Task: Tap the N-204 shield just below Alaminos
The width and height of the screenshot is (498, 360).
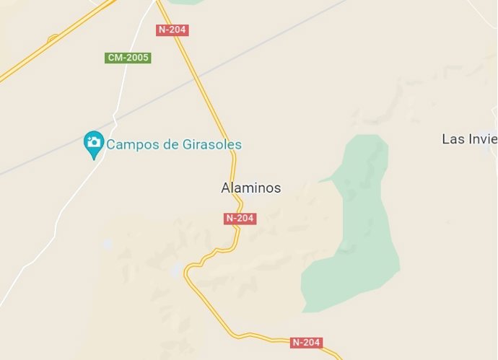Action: coord(240,219)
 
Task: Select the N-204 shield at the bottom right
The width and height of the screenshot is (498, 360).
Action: coord(306,342)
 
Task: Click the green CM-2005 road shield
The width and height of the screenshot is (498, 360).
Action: coord(128,57)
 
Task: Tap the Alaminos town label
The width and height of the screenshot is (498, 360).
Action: coord(250,188)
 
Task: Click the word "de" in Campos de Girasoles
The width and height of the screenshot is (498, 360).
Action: coord(170,144)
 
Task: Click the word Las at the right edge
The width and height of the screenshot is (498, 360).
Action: coord(453,139)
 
